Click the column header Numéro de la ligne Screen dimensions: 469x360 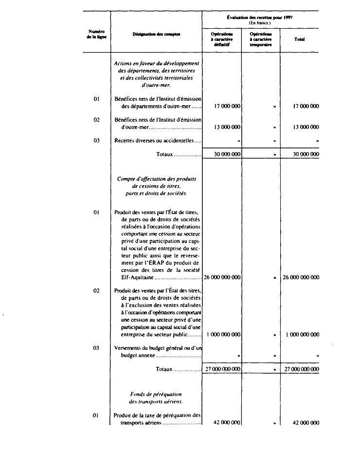tap(95, 34)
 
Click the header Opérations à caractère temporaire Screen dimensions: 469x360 tap(260, 39)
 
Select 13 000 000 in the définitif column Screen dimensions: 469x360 tap(227, 127)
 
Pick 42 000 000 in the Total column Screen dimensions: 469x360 tap(306, 423)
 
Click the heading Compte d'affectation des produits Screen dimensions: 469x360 tap(156, 179)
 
